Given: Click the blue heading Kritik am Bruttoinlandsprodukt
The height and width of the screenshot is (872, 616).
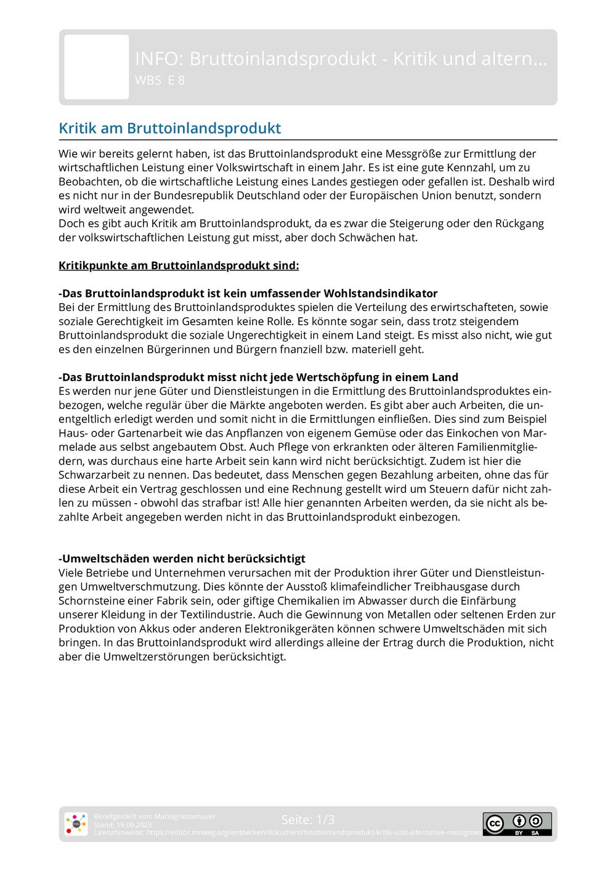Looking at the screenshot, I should [169, 128].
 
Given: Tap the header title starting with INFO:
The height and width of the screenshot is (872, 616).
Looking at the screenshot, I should [341, 59].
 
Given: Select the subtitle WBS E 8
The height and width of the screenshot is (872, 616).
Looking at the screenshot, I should [160, 80].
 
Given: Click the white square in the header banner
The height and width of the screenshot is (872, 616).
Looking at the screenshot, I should [97, 67].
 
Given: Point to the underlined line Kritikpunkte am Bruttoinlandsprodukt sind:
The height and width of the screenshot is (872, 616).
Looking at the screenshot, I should [179, 265].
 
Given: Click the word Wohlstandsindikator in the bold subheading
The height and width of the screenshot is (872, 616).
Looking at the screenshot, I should [381, 293].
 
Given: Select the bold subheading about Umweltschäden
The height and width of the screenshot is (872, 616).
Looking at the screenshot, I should [182, 559].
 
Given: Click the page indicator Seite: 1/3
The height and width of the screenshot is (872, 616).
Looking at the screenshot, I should [308, 820].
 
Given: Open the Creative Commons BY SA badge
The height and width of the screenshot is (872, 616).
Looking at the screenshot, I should [517, 824].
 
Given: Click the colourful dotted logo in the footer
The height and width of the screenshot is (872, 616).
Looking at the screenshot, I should [76, 824].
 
